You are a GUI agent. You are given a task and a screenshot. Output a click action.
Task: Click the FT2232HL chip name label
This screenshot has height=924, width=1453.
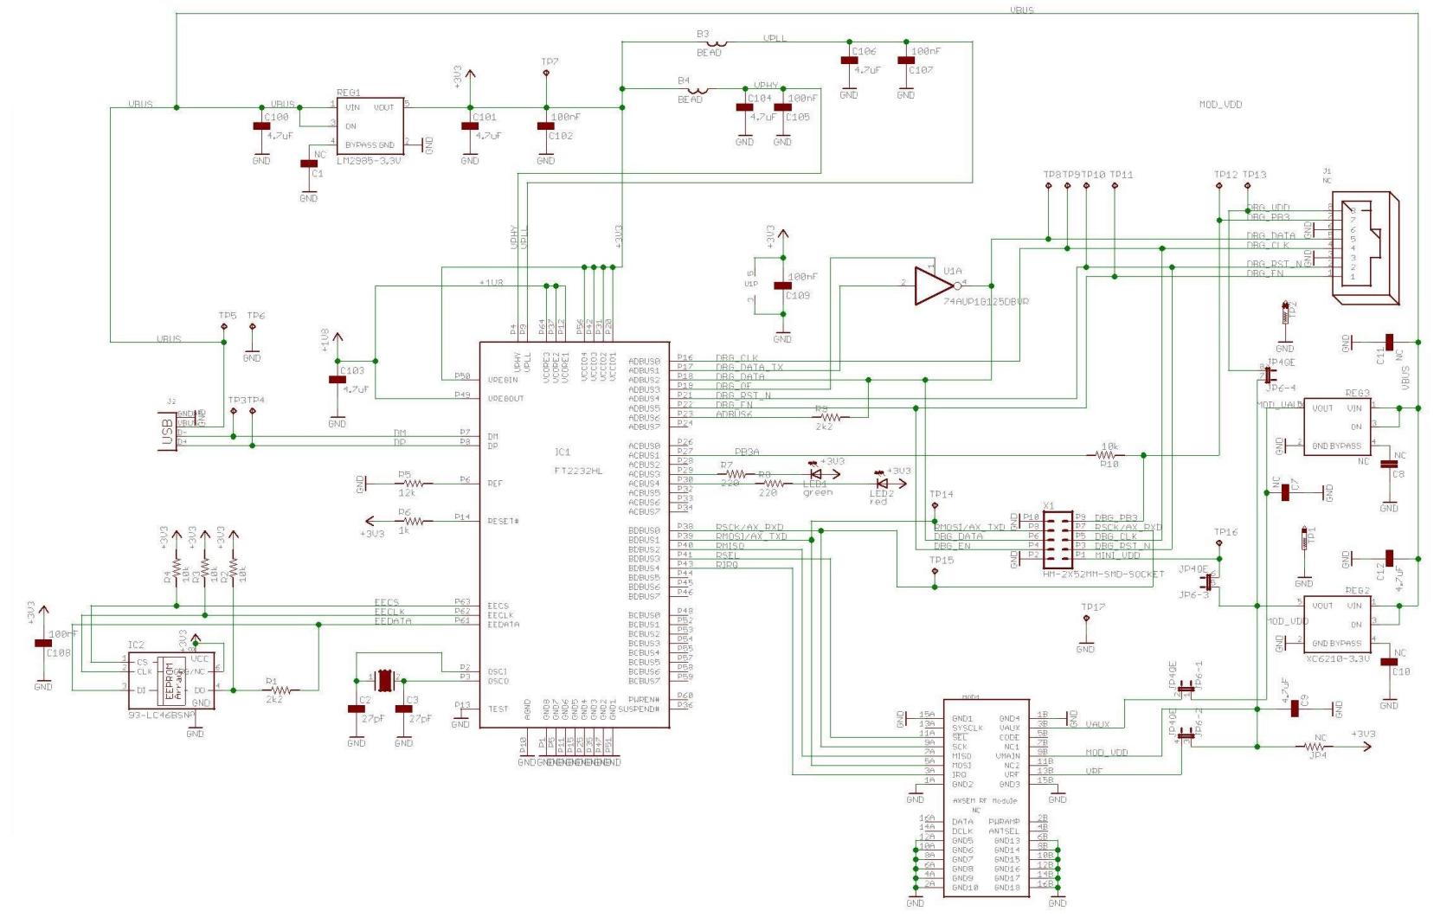click(578, 472)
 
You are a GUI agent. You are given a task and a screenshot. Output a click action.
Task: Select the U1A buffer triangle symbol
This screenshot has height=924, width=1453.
click(934, 285)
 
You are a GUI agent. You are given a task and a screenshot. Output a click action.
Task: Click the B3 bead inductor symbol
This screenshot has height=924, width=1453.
click(716, 42)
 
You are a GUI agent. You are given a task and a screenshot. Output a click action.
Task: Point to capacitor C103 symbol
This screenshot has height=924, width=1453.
click(337, 380)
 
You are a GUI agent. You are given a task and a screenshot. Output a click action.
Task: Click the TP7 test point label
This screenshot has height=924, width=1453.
click(550, 62)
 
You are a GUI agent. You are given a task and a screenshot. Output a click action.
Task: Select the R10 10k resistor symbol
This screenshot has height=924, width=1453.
click(1108, 455)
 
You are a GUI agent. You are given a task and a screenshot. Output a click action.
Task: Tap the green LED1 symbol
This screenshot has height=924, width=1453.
click(814, 474)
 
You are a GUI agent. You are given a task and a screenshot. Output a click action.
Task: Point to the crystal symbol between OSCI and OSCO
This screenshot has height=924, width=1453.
click(384, 680)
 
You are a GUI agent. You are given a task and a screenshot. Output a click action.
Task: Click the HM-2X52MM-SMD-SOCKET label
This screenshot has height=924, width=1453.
click(1097, 574)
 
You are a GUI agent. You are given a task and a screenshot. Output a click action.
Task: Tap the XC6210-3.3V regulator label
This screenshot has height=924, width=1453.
click(1337, 658)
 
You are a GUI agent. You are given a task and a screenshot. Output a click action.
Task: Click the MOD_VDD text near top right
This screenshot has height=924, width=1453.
click(1220, 105)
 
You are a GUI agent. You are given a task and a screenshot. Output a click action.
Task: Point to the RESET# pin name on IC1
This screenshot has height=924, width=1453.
click(504, 521)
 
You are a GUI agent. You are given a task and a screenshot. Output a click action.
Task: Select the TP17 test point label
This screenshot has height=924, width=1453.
click(1093, 607)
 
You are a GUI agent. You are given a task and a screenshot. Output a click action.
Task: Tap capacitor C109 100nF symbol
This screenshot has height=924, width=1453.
click(782, 286)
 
